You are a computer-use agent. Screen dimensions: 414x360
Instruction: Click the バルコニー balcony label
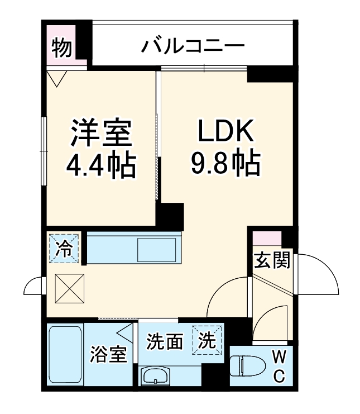coord(193,45)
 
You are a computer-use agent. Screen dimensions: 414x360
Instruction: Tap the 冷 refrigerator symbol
coord(65,248)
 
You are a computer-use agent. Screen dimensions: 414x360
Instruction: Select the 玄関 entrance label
coord(272,260)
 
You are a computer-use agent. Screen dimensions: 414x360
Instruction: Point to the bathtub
coord(65,354)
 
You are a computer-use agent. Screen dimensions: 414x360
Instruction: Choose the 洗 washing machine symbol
coord(207,340)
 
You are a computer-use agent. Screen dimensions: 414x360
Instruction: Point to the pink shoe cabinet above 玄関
coord(267,238)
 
